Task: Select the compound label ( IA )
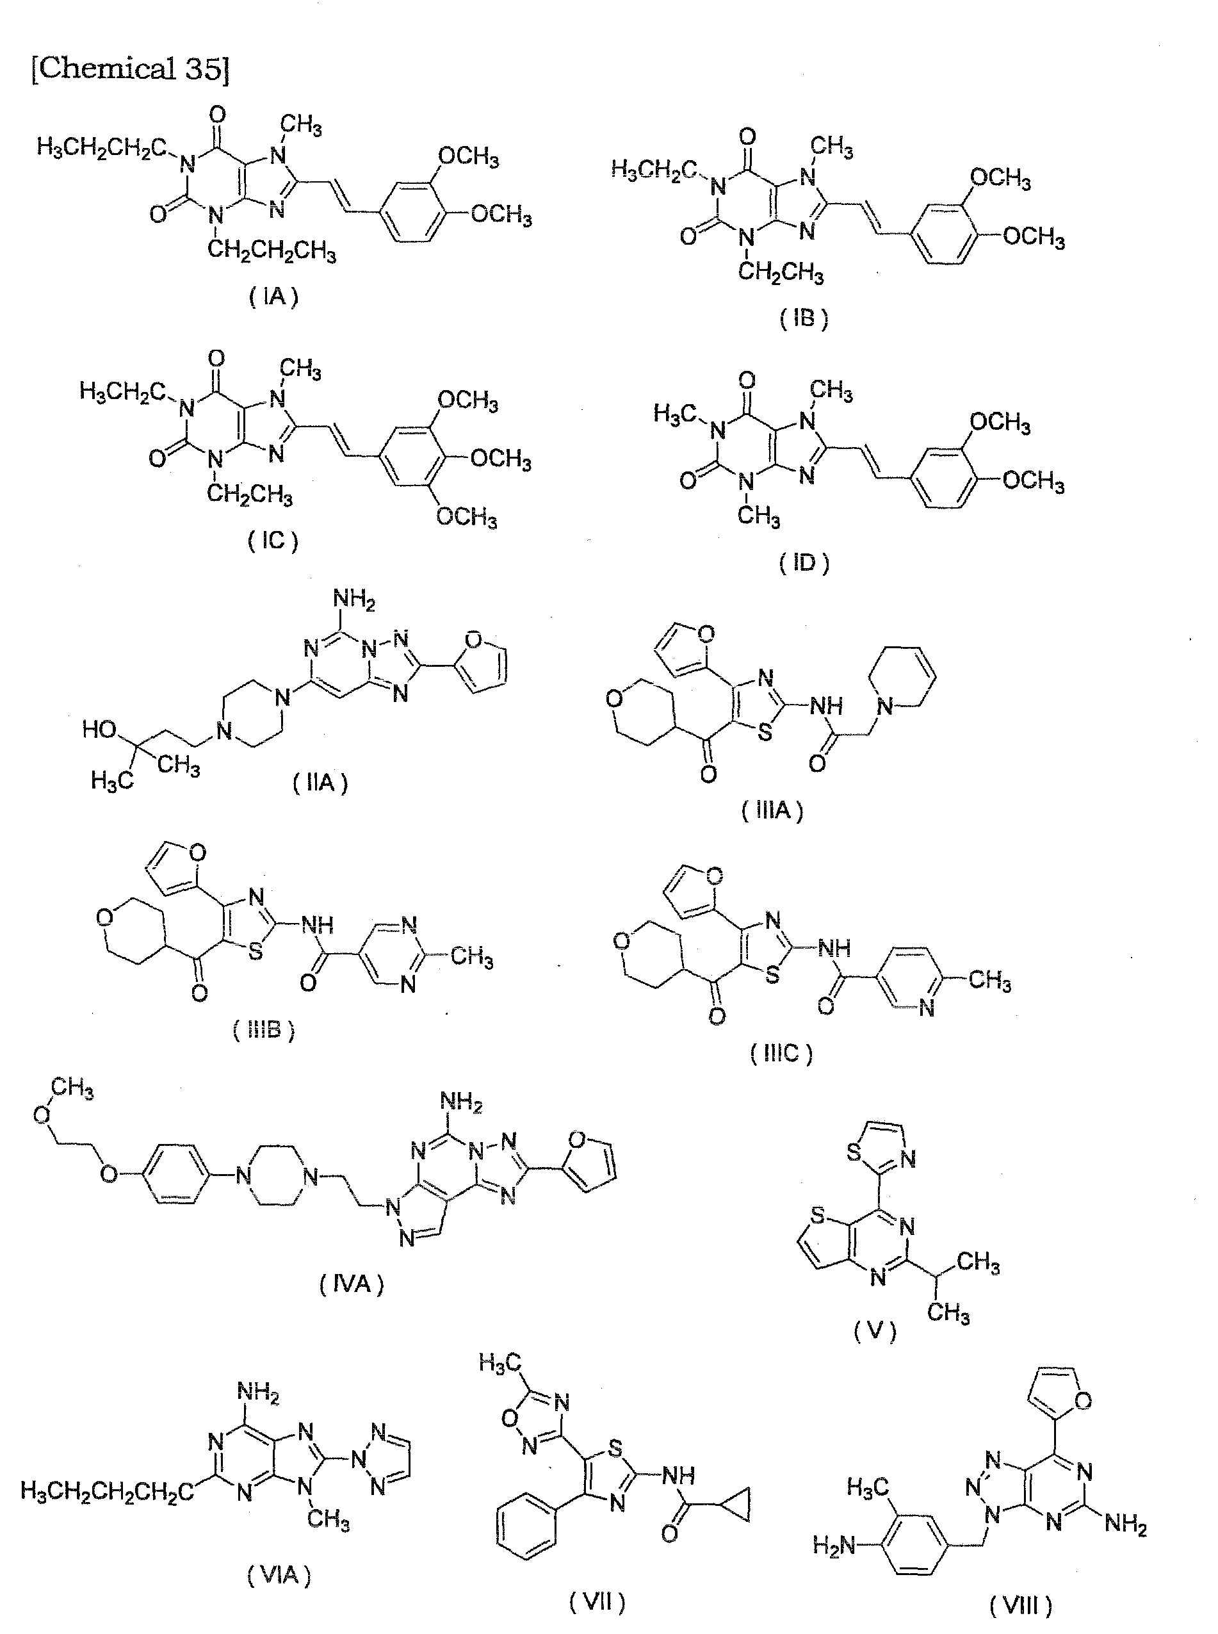pyautogui.click(x=273, y=297)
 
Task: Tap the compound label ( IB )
pyautogui.click(x=804, y=319)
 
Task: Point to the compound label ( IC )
pyautogui.click(x=273, y=541)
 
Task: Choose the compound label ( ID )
pyautogui.click(x=804, y=563)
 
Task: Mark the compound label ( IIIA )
pyautogui.click(x=772, y=811)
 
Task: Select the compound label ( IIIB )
pyautogui.click(x=264, y=1029)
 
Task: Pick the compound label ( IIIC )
pyautogui.click(x=781, y=1053)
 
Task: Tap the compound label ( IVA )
pyautogui.click(x=352, y=1285)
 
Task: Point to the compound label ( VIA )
pyautogui.click(x=279, y=1576)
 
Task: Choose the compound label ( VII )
pyautogui.click(x=597, y=1602)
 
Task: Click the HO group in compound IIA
pyautogui.click(x=99, y=730)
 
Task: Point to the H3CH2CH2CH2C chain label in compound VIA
pyautogui.click(x=108, y=1492)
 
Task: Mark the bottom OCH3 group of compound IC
pyautogui.click(x=466, y=517)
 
